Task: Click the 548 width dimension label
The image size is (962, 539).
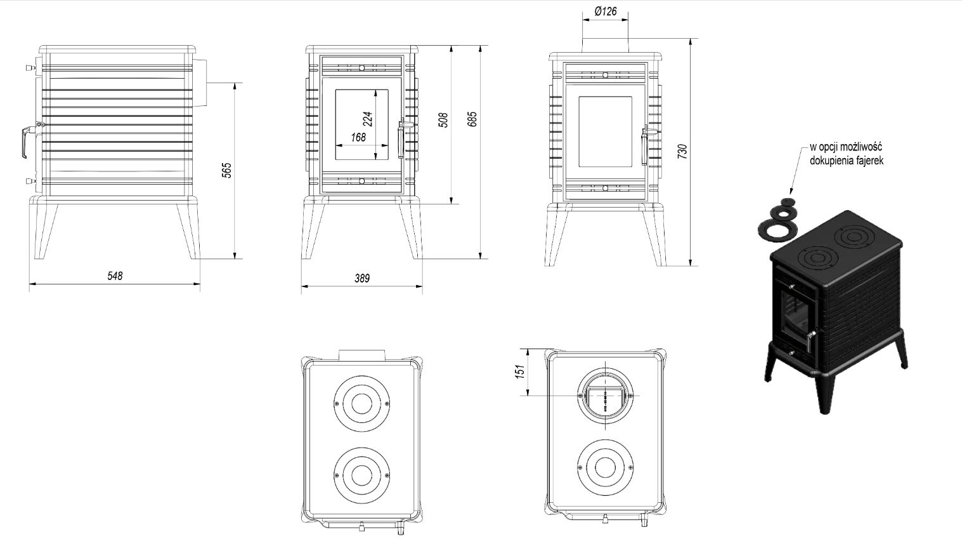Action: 115,276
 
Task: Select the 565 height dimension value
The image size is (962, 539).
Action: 226,170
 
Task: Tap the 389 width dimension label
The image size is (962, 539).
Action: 361,278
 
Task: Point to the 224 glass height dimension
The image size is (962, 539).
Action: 367,119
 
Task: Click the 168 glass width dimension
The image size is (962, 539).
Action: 358,136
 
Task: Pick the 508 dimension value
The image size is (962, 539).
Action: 444,120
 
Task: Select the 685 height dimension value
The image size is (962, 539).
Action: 472,119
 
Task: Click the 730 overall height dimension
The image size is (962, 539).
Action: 682,152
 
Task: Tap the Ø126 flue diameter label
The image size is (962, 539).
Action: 606,11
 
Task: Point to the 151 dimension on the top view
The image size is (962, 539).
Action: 519,371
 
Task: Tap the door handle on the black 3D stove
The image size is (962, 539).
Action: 811,340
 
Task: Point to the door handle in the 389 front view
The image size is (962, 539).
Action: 400,139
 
